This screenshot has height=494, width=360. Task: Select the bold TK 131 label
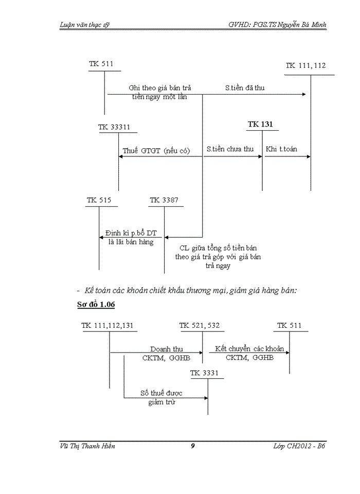[x=260, y=125]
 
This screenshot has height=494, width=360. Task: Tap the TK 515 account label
[x=99, y=200]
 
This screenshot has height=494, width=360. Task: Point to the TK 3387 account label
[x=164, y=200]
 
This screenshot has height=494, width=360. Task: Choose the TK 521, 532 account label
[x=200, y=325]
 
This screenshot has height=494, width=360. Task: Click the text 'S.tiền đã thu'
[x=245, y=88]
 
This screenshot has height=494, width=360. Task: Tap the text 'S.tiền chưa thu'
[x=230, y=149]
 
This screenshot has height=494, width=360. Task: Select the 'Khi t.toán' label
[x=281, y=149]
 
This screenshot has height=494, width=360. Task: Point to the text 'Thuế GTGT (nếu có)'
[x=156, y=151]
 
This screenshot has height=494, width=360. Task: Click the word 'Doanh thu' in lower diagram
[x=166, y=349]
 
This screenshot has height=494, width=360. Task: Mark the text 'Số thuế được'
[x=161, y=393]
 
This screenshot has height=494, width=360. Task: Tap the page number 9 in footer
[x=192, y=446]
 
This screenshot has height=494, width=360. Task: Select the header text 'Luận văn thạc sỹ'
[x=85, y=25]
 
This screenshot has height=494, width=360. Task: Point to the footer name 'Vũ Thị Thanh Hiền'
[x=87, y=446]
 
